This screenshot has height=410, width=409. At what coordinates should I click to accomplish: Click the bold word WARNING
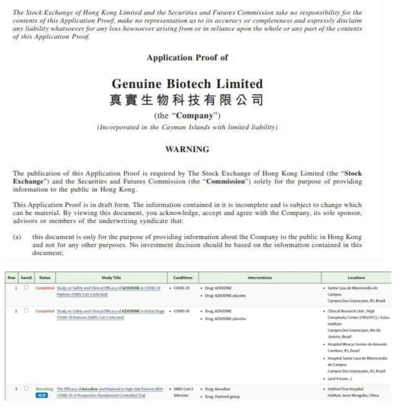click(x=187, y=149)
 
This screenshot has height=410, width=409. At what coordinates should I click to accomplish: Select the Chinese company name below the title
click(x=186, y=99)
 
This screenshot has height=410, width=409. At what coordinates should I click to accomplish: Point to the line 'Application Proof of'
click(x=187, y=57)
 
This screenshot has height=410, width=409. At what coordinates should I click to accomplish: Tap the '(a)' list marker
click(x=18, y=237)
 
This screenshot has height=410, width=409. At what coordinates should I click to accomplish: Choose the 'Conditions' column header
click(x=183, y=277)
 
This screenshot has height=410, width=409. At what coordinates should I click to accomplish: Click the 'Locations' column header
click(x=356, y=277)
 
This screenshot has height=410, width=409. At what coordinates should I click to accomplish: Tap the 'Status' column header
click(x=44, y=277)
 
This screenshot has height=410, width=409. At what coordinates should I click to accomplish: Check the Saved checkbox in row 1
click(x=26, y=289)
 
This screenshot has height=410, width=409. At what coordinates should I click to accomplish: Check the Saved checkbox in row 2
click(x=26, y=311)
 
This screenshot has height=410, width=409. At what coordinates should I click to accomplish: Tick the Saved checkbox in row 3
click(x=26, y=388)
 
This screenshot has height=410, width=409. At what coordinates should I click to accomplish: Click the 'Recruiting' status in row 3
click(x=44, y=388)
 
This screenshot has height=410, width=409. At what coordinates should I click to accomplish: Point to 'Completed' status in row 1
click(x=44, y=289)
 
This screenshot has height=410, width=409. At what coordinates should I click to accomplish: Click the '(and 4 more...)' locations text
click(x=344, y=378)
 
